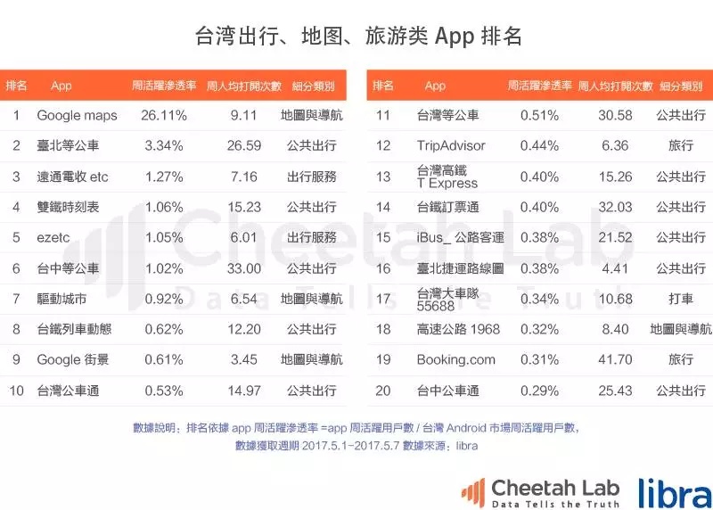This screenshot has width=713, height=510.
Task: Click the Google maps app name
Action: point(77,116)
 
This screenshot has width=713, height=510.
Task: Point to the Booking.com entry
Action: point(455,360)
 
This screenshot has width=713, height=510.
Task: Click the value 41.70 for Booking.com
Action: point(616,360)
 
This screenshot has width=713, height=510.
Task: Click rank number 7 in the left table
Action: point(16,299)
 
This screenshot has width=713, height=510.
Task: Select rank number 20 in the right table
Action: point(383,391)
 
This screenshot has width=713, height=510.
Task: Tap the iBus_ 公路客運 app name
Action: point(460,238)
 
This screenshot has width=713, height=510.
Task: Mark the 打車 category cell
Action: point(681,299)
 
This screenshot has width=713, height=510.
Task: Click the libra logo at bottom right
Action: point(675,492)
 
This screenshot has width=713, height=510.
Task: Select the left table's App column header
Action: point(61,86)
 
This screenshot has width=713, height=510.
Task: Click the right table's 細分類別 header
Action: point(681,86)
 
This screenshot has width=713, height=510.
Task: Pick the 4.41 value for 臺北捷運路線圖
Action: point(616,268)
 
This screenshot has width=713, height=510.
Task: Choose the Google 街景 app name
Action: point(77,360)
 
